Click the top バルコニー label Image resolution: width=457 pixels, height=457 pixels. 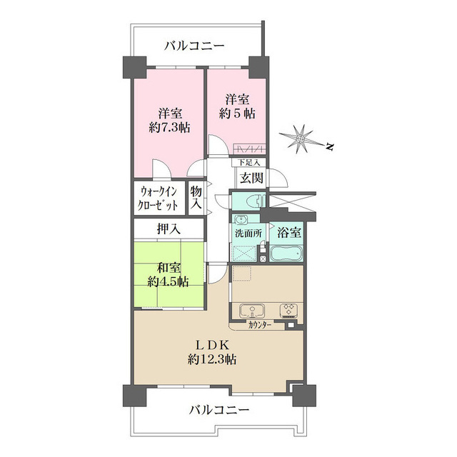(x=194, y=46)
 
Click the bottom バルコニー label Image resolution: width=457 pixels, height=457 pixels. (x=219, y=411)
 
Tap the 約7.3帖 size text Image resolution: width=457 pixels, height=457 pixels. (x=169, y=128)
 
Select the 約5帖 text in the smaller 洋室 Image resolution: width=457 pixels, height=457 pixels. (x=237, y=114)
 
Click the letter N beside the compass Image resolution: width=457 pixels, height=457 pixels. (x=330, y=148)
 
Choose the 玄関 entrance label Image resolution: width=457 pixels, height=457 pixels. (x=250, y=178)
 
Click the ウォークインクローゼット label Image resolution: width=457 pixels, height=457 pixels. (x=159, y=198)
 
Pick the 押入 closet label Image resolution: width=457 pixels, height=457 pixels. (x=169, y=230)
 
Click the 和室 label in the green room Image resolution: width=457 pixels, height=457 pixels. (x=169, y=268)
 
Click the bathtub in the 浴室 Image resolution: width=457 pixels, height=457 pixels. (x=286, y=253)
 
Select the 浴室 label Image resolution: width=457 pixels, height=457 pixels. (x=289, y=233)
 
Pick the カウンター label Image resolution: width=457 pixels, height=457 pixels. (x=261, y=326)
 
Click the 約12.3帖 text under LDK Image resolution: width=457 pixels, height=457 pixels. (x=212, y=360)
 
